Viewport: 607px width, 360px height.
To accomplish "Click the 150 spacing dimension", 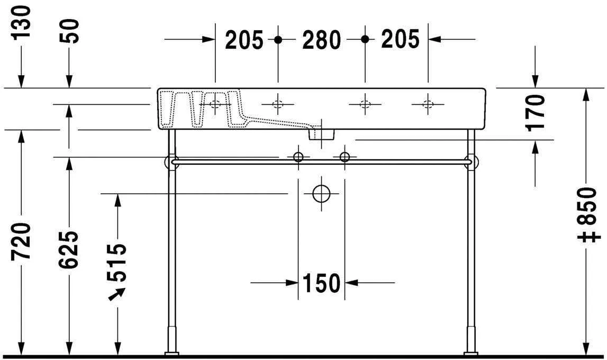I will (x=321, y=284).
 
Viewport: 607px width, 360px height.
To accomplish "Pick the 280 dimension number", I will (x=321, y=40).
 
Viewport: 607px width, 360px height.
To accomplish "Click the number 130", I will (x=23, y=22).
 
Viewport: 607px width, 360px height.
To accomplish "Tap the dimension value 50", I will (x=69, y=31).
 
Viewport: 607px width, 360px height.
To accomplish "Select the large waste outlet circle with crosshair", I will (x=321, y=194).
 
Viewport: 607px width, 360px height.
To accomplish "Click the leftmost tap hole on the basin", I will (x=215, y=104).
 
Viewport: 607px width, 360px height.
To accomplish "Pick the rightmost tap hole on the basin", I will (x=428, y=104).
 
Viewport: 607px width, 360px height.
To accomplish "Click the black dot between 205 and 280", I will (x=278, y=39).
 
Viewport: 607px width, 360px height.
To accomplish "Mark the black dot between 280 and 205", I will (x=365, y=39).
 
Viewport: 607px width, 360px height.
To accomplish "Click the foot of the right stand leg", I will (x=470, y=353).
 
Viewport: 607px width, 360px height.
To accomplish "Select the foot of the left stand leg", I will (x=171, y=353).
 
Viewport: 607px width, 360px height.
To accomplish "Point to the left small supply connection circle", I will (x=298, y=157).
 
